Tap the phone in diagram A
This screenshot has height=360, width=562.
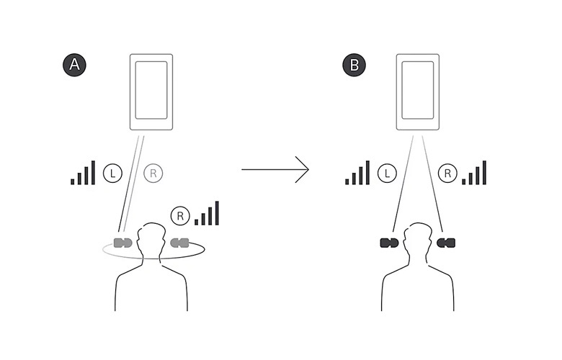151,92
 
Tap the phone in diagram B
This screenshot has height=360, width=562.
418,92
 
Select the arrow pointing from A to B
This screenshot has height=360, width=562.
275,170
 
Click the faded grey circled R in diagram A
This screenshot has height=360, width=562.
153,173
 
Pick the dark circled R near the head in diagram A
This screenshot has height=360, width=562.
179,215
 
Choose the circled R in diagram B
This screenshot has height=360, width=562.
447,173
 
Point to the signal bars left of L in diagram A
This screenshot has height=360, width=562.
83,173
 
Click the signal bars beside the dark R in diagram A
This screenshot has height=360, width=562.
207,213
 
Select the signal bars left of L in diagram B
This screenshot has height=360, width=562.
357,173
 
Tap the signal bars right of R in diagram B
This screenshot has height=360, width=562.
475,173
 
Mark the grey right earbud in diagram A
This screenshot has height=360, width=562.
179,241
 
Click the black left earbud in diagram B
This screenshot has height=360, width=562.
388,242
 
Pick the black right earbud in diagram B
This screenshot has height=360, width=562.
447,242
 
